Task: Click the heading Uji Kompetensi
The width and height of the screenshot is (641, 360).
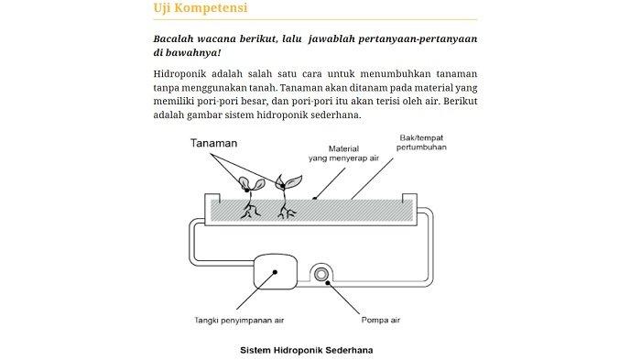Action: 201,8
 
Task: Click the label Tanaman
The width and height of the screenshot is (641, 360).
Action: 213,143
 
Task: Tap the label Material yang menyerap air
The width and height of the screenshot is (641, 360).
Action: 343,153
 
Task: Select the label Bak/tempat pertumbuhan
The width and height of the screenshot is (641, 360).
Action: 421,142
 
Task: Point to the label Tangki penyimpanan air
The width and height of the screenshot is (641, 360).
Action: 239,321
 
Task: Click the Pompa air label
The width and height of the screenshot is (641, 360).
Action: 381,320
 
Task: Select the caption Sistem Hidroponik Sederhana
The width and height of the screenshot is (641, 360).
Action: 306,350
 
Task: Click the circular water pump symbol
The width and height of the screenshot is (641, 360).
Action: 321,275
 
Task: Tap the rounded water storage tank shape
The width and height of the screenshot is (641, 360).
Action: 276,272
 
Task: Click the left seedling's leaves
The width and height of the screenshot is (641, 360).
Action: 251,184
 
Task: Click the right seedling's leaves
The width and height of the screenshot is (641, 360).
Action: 288,181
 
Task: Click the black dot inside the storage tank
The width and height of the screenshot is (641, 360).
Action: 275,272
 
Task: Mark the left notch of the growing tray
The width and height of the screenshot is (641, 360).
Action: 212,198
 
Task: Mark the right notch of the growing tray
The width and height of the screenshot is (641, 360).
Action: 409,198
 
